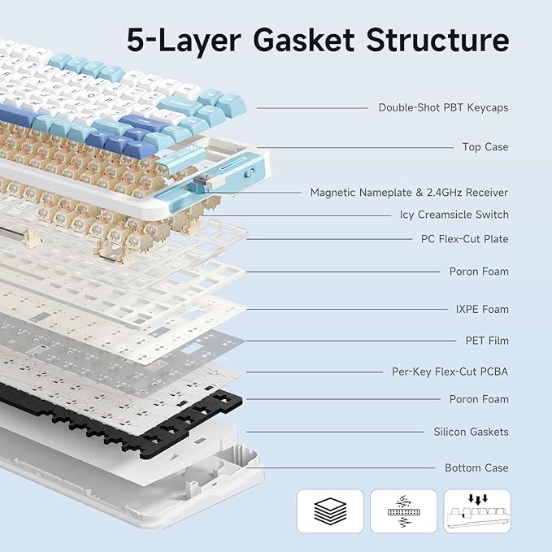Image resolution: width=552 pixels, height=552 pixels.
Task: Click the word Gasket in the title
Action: pyautogui.click(x=304, y=40)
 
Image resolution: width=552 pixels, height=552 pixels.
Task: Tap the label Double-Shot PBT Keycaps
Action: pyautogui.click(x=443, y=107)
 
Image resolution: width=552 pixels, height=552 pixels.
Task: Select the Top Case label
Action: pyautogui.click(x=485, y=147)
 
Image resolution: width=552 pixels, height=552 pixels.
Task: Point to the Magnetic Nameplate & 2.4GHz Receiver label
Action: pyautogui.click(x=409, y=193)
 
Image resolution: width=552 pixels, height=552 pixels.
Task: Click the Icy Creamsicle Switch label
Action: pyautogui.click(x=454, y=215)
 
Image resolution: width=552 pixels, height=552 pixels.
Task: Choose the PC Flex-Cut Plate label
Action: pyautogui.click(x=465, y=239)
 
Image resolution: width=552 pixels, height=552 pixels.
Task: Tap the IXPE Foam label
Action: pyautogui.click(x=482, y=309)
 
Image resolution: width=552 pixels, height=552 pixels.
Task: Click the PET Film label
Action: pyautogui.click(x=487, y=341)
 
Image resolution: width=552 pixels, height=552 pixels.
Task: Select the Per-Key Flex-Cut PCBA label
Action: pyautogui.click(x=450, y=372)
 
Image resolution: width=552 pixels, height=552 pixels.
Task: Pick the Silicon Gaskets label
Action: pyautogui.click(x=471, y=432)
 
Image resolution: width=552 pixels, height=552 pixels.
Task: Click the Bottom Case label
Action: pyautogui.click(x=476, y=467)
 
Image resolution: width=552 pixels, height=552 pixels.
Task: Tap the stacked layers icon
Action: pyautogui.click(x=330, y=511)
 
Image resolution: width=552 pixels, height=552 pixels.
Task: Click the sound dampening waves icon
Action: pyautogui.click(x=403, y=511)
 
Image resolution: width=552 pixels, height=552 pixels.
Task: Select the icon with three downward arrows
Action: pyautogui.click(x=477, y=511)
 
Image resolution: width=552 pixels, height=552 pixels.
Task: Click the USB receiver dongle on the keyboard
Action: pyautogui.click(x=208, y=184)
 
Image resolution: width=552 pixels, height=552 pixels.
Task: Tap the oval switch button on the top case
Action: pyautogui.click(x=250, y=173)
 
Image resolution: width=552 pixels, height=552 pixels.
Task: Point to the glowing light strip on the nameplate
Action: pyautogui.click(x=233, y=163)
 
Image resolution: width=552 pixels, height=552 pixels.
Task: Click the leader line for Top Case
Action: pyautogui.click(x=355, y=147)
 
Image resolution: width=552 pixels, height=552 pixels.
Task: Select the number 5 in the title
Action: pyautogui.click(x=137, y=40)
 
